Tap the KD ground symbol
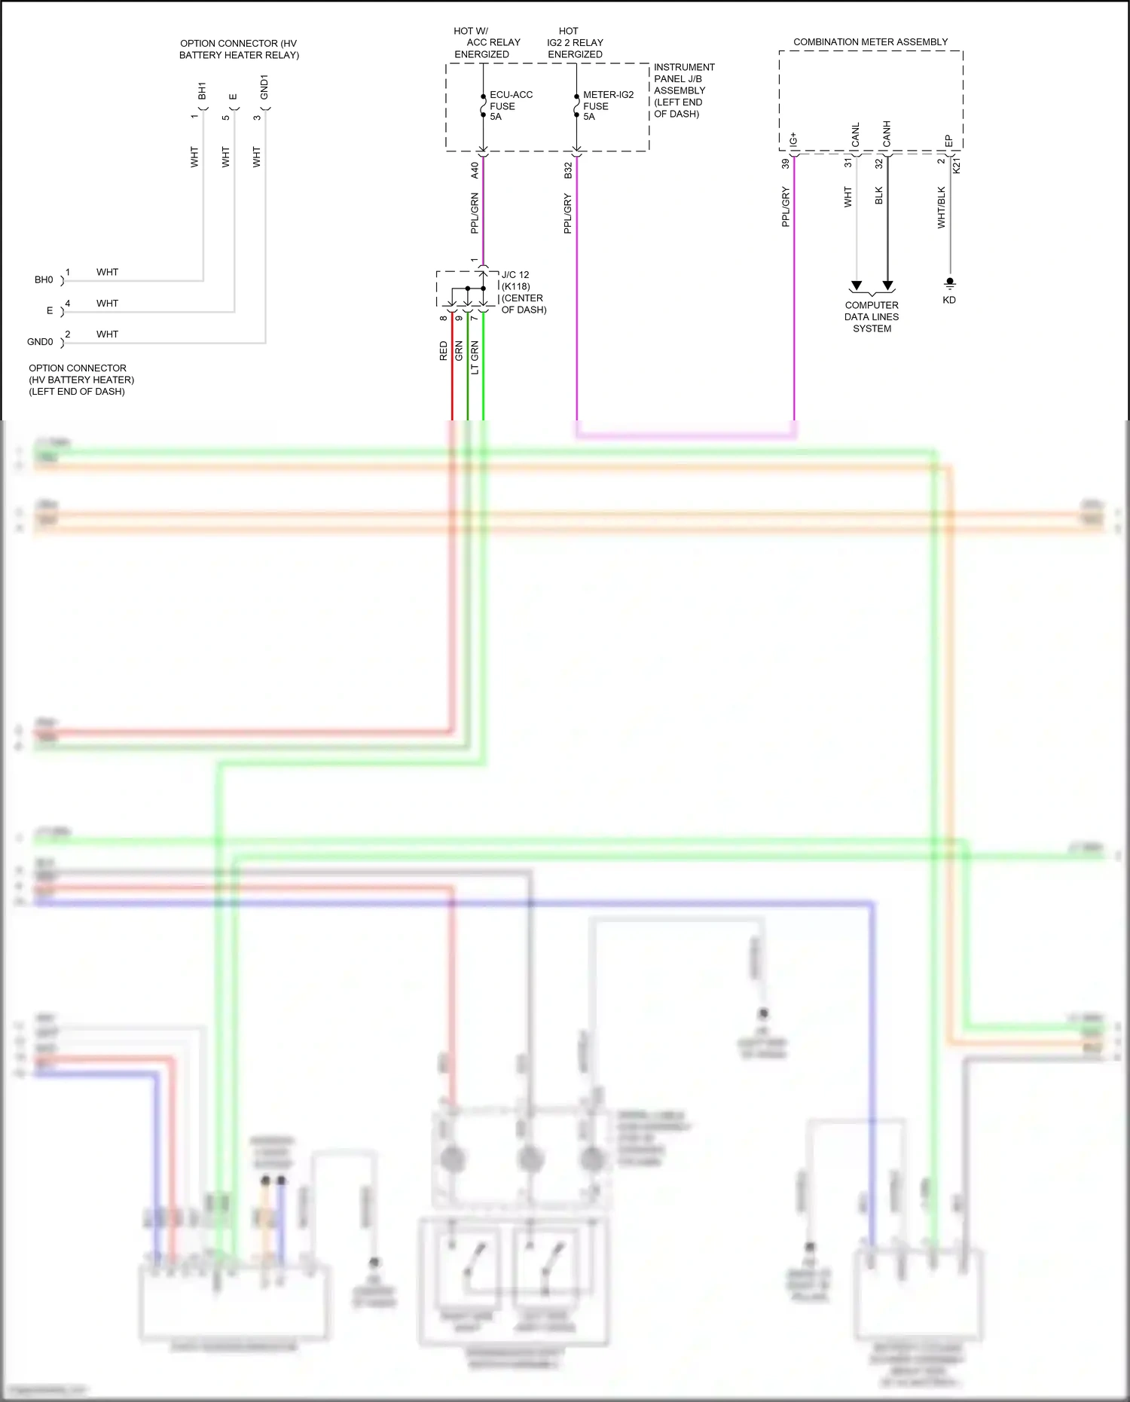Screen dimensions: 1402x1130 click(x=950, y=283)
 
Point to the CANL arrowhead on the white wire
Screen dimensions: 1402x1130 click(x=856, y=286)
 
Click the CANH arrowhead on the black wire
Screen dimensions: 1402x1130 click(x=887, y=286)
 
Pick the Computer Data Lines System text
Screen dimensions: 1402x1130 click(x=872, y=316)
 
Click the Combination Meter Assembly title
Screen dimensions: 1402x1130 click(x=870, y=42)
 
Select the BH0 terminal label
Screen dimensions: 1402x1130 click(x=44, y=279)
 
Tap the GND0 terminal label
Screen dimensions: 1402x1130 click(x=40, y=342)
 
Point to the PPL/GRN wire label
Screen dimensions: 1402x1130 click(x=475, y=213)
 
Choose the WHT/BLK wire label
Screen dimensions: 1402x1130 click(x=941, y=207)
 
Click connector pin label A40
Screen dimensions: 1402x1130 click(x=475, y=170)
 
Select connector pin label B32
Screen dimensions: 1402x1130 click(x=568, y=170)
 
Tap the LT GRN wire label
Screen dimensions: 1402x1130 click(x=475, y=358)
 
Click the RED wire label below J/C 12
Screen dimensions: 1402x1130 click(x=443, y=351)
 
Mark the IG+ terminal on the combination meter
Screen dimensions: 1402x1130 click(x=793, y=140)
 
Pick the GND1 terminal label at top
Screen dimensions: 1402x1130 click(x=264, y=87)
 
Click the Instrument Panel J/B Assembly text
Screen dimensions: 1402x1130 click(x=683, y=90)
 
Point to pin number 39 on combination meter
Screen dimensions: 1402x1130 click(x=785, y=163)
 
